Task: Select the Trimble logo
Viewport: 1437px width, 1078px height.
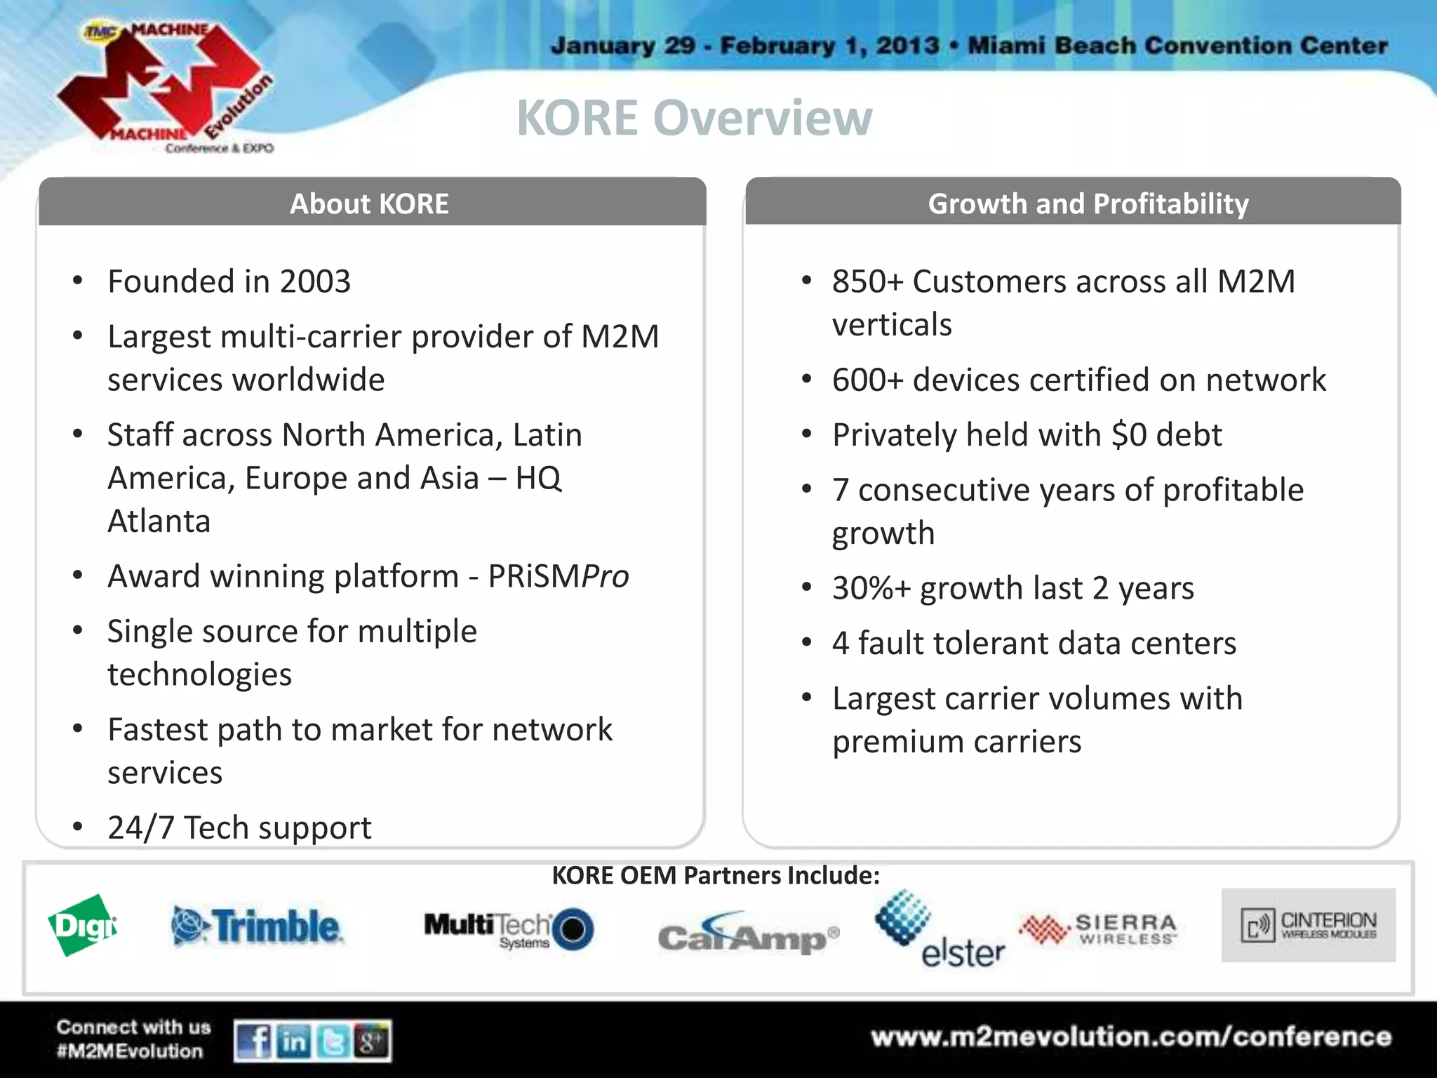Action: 258,926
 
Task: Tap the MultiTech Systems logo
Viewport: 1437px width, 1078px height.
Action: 509,929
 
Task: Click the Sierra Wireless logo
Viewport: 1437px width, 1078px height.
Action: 1098,929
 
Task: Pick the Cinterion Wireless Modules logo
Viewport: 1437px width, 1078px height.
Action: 1308,925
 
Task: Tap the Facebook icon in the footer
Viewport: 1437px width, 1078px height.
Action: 254,1041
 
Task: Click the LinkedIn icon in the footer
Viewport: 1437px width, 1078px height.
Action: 294,1041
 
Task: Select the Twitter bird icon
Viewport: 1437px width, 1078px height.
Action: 333,1041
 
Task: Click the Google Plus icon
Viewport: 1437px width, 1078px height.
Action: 372,1041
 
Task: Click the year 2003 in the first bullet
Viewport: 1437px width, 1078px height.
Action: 315,282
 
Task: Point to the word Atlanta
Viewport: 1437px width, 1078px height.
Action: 159,521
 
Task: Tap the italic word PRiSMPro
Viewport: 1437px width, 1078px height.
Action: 559,576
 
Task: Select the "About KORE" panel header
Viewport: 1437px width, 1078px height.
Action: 370,204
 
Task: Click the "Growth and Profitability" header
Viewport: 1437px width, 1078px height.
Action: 1088,204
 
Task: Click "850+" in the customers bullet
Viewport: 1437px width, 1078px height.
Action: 867,282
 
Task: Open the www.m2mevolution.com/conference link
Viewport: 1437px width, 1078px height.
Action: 1131,1037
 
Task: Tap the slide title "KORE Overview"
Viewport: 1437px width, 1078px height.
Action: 694,118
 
